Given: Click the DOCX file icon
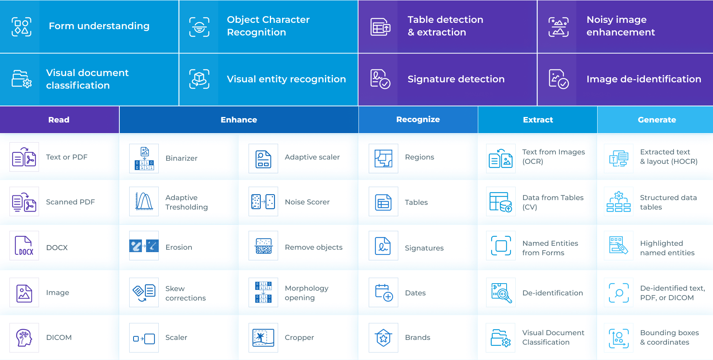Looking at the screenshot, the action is [x=24, y=246].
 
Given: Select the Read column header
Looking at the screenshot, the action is [x=59, y=120].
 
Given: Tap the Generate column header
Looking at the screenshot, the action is [x=657, y=120].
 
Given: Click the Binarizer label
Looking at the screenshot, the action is [x=181, y=158].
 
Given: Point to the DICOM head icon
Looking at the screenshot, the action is [x=24, y=338].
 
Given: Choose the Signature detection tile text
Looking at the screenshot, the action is [x=456, y=79].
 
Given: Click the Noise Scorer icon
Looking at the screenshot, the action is [x=263, y=202].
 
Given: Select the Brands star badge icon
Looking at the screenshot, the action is [x=383, y=338].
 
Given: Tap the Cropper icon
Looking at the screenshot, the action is [x=263, y=338].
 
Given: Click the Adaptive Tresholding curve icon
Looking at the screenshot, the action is [x=144, y=201].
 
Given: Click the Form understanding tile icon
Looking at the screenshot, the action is [x=22, y=27].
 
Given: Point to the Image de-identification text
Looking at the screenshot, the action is [x=644, y=79].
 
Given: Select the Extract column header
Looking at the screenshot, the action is [x=538, y=120].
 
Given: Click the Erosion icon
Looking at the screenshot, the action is [x=144, y=246].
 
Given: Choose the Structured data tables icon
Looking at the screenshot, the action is [x=618, y=202].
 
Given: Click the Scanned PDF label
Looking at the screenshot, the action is [x=71, y=202].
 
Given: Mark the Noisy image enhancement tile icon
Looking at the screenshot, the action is [x=559, y=27].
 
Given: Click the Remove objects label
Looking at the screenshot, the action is [x=314, y=247].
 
